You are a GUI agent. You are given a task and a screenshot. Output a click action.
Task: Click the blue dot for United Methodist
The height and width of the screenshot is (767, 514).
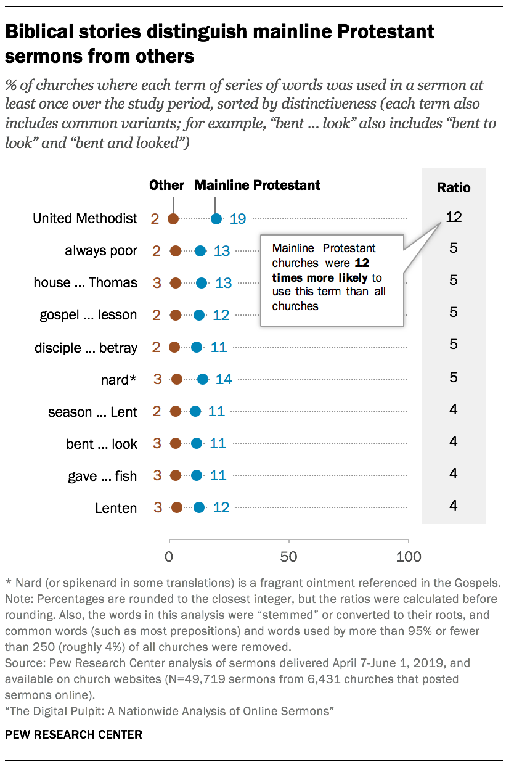point(216,218)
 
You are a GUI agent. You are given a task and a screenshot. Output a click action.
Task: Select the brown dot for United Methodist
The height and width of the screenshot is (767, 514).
point(174,218)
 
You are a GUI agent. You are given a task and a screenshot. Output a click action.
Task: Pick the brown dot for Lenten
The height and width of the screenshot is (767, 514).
point(177,507)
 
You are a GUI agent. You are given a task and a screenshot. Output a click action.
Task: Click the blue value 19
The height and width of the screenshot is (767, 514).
point(239,218)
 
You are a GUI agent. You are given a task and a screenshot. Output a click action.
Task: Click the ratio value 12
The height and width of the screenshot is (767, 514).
point(454,217)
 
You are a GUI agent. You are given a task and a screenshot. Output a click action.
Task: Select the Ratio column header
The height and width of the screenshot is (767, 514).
point(454,187)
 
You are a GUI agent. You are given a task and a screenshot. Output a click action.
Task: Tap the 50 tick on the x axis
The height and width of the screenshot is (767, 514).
point(288,557)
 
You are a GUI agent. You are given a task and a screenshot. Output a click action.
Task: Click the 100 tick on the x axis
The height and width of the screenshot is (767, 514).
point(408,557)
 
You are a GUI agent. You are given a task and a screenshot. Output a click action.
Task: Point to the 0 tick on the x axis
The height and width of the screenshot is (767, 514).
point(169,557)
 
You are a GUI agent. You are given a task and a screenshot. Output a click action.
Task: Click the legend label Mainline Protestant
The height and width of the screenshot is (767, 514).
point(257,185)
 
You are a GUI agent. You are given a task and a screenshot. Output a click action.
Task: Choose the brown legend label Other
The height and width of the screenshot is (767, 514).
point(166,185)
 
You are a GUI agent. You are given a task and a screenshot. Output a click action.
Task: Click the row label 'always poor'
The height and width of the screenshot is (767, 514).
point(101,251)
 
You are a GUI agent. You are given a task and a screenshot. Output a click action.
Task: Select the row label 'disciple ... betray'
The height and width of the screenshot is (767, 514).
point(86,347)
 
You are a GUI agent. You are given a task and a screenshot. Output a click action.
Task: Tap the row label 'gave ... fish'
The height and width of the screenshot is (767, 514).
point(102,476)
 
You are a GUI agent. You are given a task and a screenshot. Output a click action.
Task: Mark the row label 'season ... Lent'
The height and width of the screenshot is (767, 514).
point(92,411)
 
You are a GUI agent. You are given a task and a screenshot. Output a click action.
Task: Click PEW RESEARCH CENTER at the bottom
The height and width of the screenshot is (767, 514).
point(73,734)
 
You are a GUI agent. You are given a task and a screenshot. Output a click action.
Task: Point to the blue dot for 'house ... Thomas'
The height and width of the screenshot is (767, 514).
point(202,283)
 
